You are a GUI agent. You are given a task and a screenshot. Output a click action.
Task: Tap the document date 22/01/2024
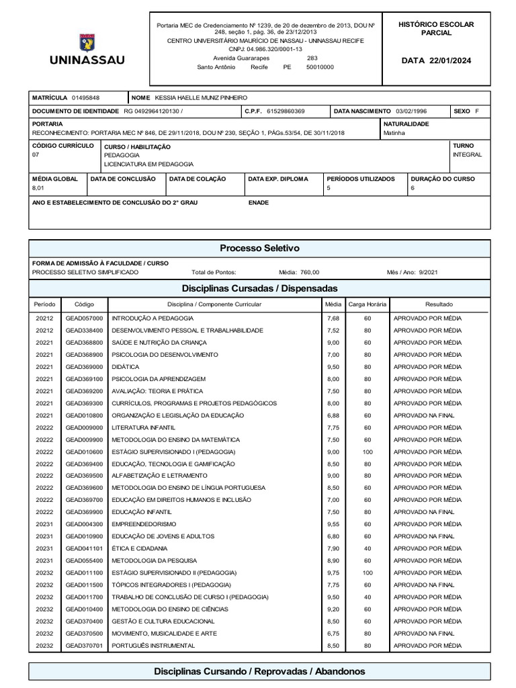452,60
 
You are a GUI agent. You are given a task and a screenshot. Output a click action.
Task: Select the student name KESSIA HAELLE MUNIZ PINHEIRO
201,98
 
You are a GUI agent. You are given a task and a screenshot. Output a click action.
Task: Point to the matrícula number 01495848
86,98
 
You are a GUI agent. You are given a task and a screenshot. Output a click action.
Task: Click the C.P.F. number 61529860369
286,111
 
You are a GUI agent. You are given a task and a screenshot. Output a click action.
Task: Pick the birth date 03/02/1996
411,111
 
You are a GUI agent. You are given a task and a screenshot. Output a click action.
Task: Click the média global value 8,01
38,189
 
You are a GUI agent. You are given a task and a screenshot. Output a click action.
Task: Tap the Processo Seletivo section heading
259,248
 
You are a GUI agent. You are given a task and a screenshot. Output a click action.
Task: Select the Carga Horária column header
368,304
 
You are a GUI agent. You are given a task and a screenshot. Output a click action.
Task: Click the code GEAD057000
85,318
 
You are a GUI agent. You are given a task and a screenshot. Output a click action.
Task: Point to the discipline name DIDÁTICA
126,367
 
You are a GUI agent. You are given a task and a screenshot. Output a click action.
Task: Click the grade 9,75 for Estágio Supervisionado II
333,572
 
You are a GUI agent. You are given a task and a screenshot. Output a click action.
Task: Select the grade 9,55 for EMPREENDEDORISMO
333,523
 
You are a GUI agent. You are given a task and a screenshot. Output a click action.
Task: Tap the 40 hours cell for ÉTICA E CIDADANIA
368,548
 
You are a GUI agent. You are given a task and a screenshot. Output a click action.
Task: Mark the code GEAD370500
85,633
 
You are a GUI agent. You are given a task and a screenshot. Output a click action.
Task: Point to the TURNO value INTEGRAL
468,155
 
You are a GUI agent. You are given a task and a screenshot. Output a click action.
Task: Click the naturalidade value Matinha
394,133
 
